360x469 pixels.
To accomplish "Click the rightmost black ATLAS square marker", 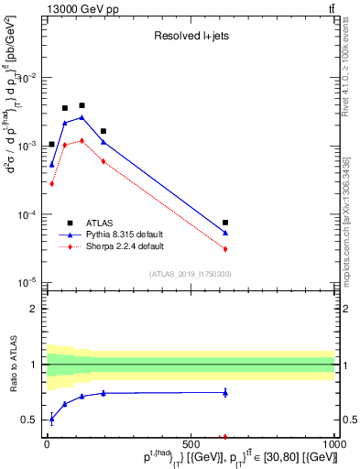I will [225, 223].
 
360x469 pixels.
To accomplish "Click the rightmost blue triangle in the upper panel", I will [225, 233].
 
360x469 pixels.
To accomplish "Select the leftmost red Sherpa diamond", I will [52, 183].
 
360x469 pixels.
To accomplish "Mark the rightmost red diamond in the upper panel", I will [225, 249].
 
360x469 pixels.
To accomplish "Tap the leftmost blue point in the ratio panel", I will [52, 419].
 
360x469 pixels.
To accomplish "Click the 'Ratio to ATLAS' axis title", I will [12, 365].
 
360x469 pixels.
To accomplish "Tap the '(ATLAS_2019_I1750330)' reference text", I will [191, 274].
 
